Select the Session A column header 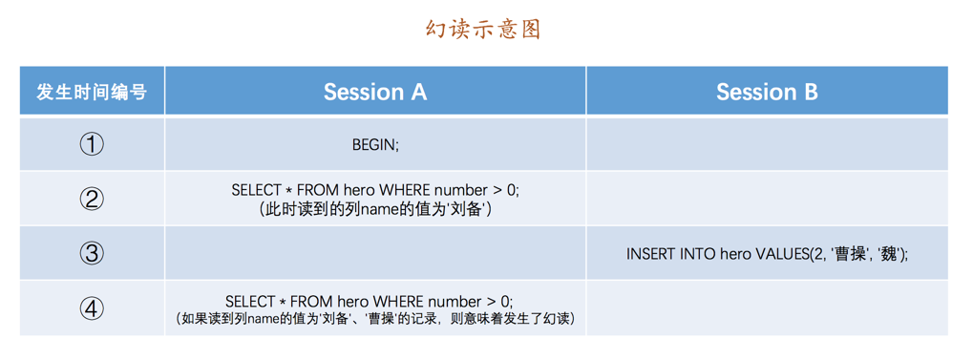point(374,92)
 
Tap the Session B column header point(767,92)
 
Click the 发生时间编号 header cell point(92,92)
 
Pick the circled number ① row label point(92,144)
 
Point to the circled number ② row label point(92,199)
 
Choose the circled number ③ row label point(92,253)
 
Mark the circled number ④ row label point(92,308)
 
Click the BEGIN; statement point(375,145)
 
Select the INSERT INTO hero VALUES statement point(767,254)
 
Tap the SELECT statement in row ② point(375,190)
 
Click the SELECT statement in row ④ point(375,301)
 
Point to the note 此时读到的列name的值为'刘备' point(375,209)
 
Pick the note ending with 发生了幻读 point(375,319)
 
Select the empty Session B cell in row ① point(767,144)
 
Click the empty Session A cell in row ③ point(375,253)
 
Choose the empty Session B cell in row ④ point(767,308)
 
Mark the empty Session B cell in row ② point(767,199)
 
